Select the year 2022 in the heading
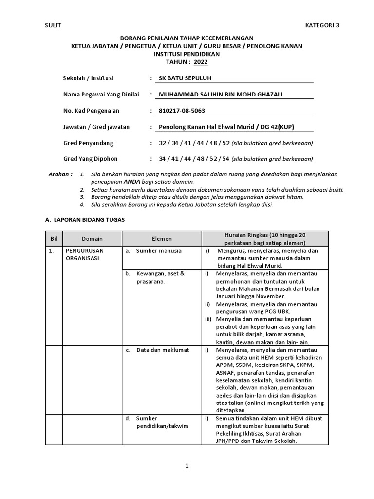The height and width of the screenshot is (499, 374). click(x=200, y=62)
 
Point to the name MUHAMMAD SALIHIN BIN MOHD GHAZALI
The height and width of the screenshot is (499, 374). click(x=216, y=94)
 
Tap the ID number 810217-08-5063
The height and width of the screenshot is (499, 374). click(x=182, y=111)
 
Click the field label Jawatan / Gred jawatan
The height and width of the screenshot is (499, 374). click(x=96, y=127)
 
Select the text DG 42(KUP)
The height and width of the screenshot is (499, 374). click(x=278, y=127)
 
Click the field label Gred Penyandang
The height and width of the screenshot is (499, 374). click(x=88, y=143)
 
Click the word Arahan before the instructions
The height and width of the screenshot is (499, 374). click(x=61, y=174)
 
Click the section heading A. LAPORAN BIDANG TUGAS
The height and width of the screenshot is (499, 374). click(x=85, y=220)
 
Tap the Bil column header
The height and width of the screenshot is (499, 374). click(x=54, y=238)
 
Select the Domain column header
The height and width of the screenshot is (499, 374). click(x=93, y=238)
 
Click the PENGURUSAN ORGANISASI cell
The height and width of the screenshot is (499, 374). click(x=84, y=254)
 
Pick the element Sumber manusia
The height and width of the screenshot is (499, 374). click(x=159, y=251)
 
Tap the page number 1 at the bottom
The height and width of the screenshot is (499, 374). click(x=187, y=466)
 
